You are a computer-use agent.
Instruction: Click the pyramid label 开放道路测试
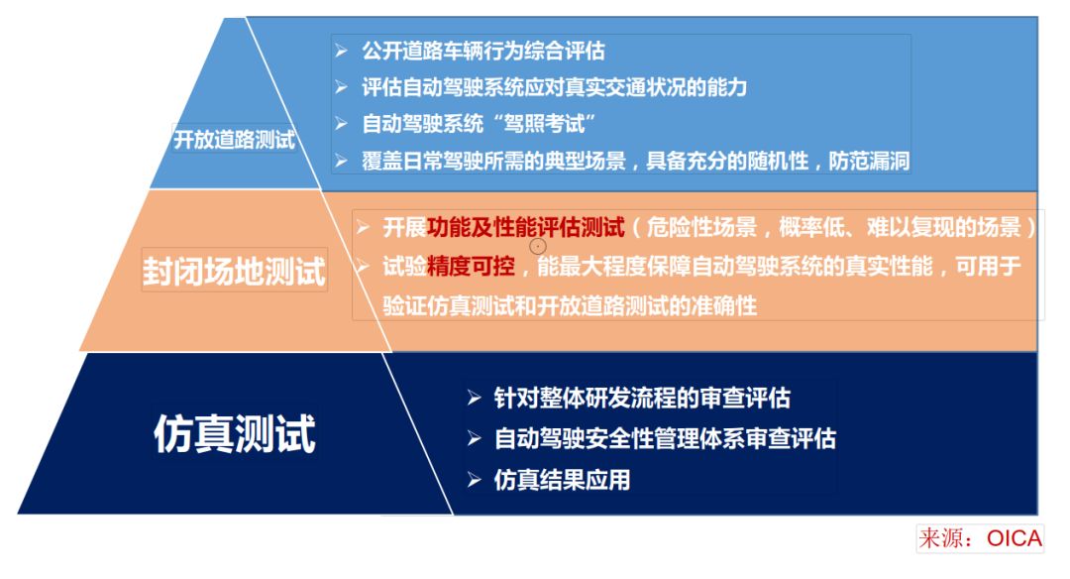[234, 139]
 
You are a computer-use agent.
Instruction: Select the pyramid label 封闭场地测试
[234, 271]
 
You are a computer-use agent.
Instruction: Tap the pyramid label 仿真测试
[235, 433]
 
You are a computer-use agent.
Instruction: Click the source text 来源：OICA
[980, 538]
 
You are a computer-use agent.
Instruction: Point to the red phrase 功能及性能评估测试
[525, 227]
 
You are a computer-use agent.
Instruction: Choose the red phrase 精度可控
[471, 266]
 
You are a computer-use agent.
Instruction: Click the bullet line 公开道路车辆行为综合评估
[483, 51]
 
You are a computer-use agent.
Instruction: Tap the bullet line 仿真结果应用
[562, 480]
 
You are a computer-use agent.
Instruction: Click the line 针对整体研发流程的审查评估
[642, 399]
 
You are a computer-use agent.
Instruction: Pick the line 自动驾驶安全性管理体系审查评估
[665, 438]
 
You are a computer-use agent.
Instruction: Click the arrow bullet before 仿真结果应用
[475, 480]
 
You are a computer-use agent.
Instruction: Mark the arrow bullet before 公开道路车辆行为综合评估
[342, 50]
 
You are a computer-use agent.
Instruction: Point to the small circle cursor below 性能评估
[538, 246]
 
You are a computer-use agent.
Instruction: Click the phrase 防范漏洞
[869, 162]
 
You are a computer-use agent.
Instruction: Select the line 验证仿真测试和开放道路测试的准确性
[570, 306]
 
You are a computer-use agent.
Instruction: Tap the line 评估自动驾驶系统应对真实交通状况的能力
[554, 87]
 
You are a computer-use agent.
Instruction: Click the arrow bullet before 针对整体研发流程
[475, 399]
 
